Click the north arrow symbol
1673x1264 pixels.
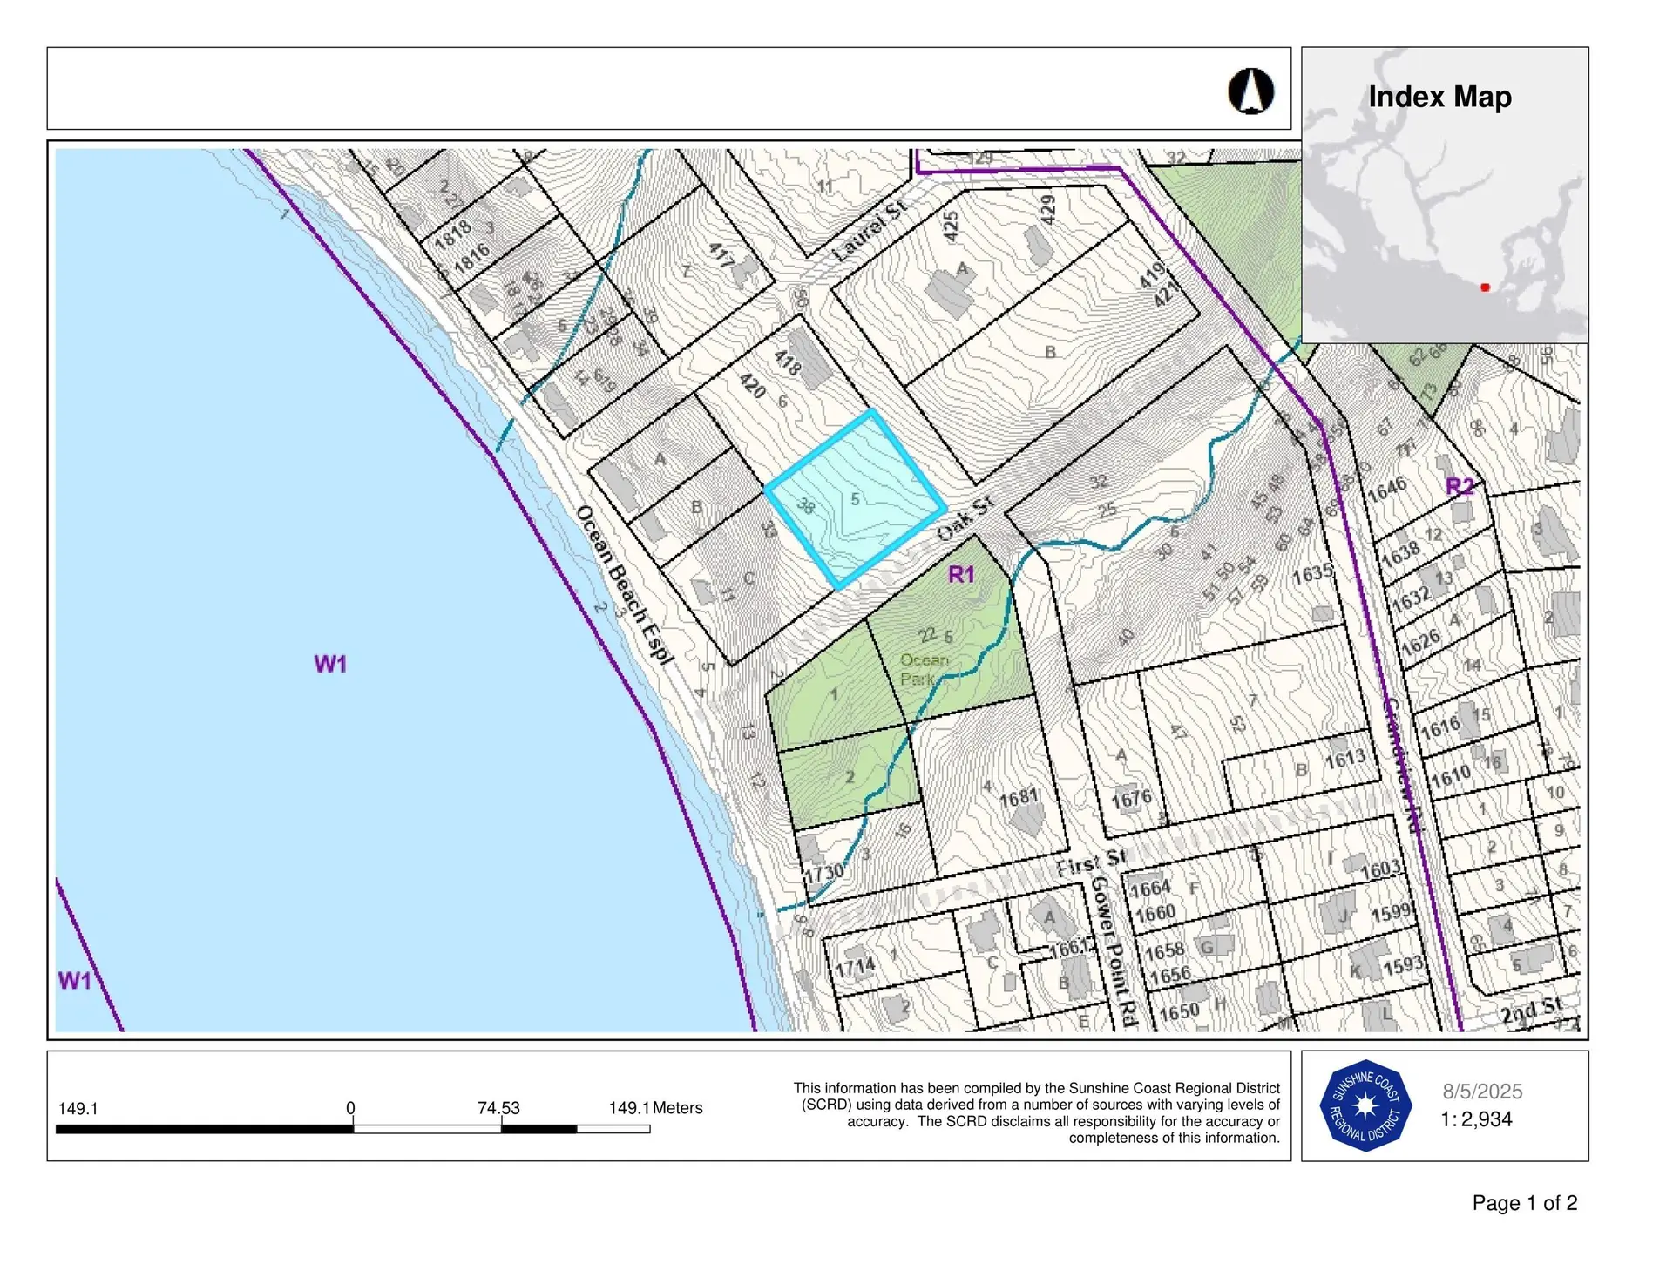[1251, 91]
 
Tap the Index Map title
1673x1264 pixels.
[1439, 97]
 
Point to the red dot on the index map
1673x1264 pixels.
[1486, 287]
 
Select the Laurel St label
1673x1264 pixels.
[870, 229]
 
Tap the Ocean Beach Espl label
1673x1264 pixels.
[625, 585]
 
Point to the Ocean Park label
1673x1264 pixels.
[924, 669]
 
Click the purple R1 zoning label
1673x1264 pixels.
[961, 574]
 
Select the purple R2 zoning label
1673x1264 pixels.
[1460, 486]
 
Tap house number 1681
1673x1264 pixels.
[1019, 797]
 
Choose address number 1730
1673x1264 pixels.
[823, 871]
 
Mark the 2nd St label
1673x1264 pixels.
[1531, 1011]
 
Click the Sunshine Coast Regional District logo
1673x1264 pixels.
[1365, 1106]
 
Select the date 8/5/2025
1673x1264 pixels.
[1482, 1092]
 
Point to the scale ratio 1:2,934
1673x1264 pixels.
[1476, 1119]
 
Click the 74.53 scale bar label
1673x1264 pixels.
[498, 1108]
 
